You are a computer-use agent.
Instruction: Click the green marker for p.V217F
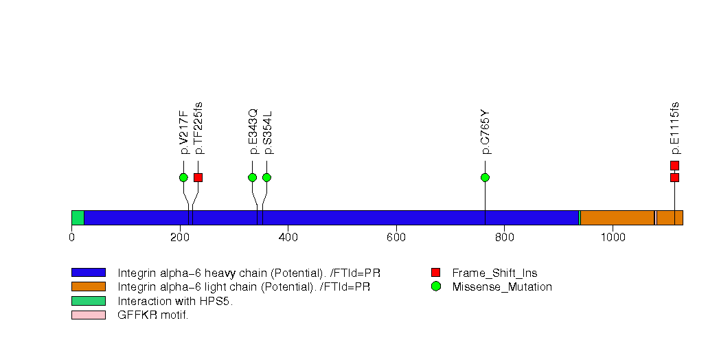183,177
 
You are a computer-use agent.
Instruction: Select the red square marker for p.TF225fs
198,177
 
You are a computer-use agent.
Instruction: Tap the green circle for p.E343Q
252,177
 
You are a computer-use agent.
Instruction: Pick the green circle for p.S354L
266,177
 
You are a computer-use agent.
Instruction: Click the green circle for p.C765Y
485,177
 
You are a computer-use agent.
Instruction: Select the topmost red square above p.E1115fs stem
674,165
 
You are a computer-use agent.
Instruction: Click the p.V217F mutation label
183,132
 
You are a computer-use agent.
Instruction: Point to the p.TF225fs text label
198,128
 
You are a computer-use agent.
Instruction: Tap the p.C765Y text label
485,131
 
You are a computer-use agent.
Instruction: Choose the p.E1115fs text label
674,128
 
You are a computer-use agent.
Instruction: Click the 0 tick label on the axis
71,237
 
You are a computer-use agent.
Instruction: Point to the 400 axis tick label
288,237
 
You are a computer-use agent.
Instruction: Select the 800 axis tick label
504,237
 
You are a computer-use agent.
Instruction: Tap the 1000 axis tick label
612,237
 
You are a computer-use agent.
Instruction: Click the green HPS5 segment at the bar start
78,218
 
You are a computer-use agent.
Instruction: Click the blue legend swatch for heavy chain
88,273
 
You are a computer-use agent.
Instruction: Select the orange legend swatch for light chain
88,286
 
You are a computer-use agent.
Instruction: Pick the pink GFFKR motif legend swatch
88,315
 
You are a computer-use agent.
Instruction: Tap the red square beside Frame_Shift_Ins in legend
435,273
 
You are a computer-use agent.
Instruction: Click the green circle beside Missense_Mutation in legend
435,286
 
